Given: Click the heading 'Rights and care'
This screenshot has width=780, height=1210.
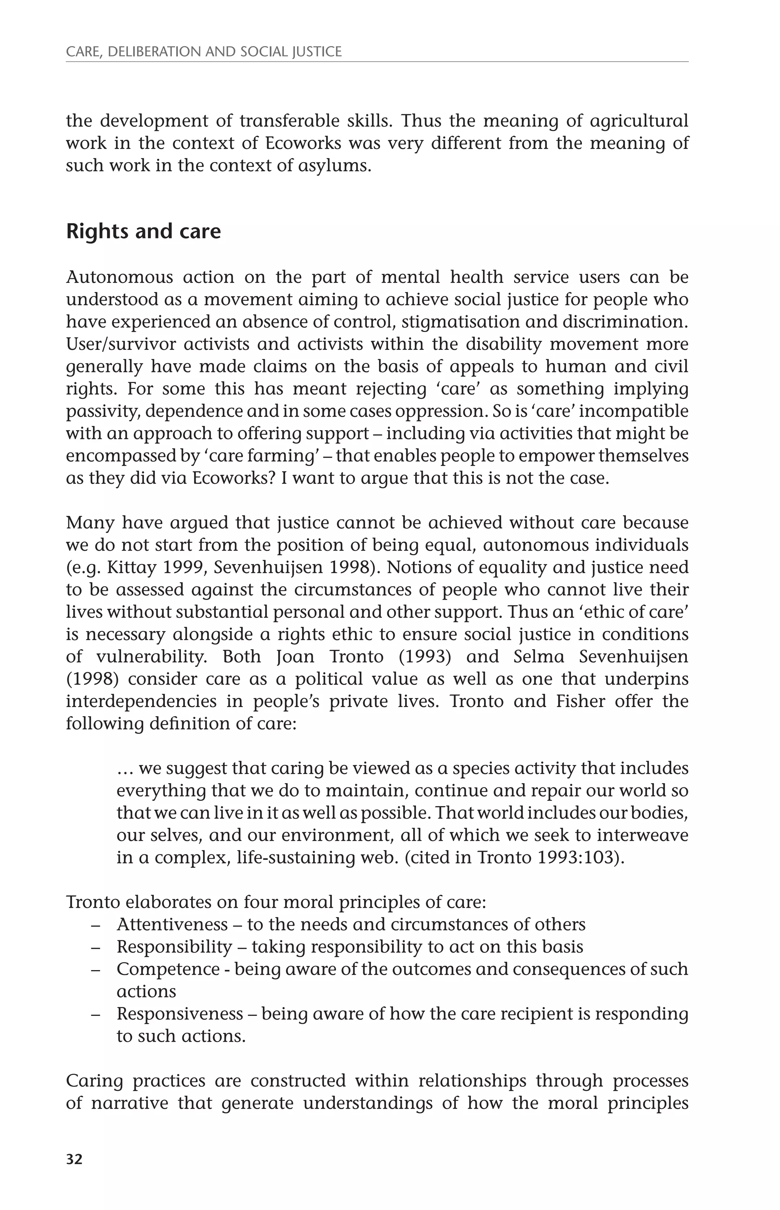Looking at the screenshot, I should coord(143,231).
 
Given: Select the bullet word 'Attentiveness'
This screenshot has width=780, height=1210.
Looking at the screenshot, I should coord(172,924).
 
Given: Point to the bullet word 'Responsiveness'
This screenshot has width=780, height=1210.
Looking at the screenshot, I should coord(180,1014).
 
